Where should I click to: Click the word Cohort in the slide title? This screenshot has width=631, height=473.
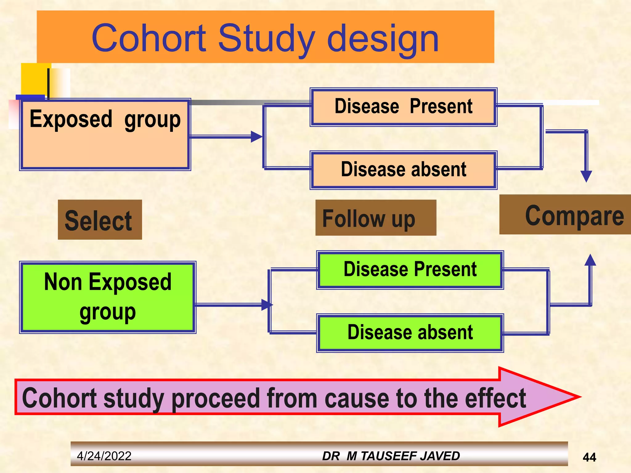[x=149, y=38]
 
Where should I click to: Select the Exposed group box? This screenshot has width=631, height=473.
[x=105, y=135]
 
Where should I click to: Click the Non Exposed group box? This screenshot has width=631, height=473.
[x=108, y=297]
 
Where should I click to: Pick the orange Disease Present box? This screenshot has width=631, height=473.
[x=403, y=107]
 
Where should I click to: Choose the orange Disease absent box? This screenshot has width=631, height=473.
[x=403, y=170]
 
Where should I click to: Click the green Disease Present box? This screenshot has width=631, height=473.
[x=410, y=270]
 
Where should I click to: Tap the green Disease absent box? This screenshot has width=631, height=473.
[x=410, y=333]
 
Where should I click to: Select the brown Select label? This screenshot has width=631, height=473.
[x=100, y=220]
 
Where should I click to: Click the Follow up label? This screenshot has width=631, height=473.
[x=376, y=218]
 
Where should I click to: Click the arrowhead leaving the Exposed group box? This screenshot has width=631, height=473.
[x=256, y=136]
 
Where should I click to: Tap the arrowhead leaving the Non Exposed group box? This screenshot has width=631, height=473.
[x=267, y=305]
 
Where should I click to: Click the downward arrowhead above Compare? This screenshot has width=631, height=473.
[x=586, y=176]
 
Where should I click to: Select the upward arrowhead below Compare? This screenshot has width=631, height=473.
[x=590, y=260]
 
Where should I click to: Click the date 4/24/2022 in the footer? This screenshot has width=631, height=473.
[x=104, y=456]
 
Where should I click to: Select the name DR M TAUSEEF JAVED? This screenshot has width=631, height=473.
[x=391, y=456]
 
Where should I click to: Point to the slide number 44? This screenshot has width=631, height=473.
[x=589, y=457]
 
